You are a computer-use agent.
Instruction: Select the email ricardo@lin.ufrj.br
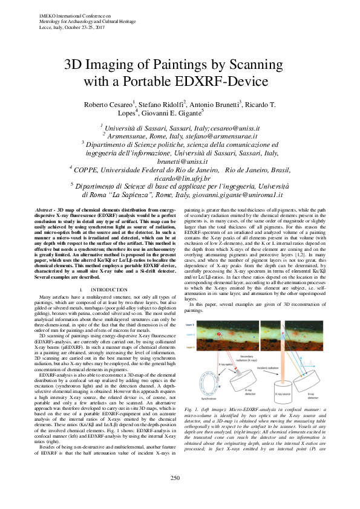[180, 179]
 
